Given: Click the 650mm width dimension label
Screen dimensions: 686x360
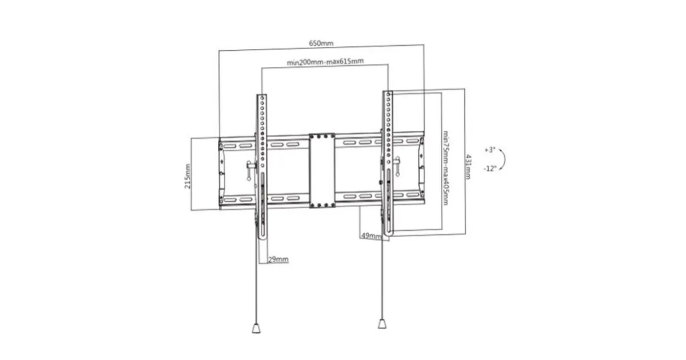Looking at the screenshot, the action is tap(321, 43).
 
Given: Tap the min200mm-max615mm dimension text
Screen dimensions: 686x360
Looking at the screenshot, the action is tap(325, 62).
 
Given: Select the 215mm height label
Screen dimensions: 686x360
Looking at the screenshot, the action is tap(188, 177).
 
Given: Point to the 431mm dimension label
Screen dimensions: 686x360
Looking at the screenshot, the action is tap(469, 166).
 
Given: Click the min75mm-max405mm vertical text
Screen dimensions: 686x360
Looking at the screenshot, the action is tap(446, 168).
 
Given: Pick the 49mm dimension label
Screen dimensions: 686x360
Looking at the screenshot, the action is tap(372, 236).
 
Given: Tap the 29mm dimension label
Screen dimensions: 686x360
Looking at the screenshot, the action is tap(278, 259).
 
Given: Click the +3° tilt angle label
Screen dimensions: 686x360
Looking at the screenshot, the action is tap(490, 150).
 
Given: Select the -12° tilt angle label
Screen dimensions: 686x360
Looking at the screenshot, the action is tap(490, 169).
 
